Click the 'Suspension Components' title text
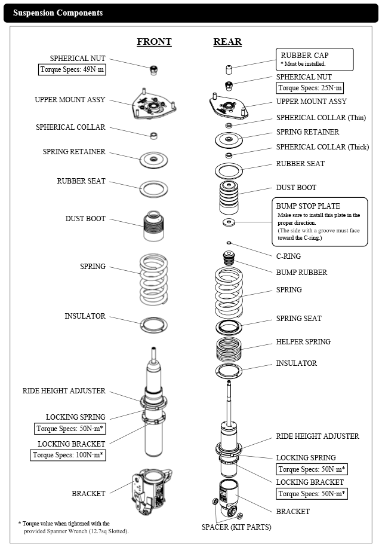[58, 13]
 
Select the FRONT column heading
[154, 42]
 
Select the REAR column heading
[227, 42]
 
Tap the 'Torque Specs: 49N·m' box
[72, 69]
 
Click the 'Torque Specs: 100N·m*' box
[68, 456]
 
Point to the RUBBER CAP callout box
[314, 59]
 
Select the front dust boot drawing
[154, 227]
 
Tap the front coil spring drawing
[154, 275]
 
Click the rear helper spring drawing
[229, 349]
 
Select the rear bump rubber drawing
[229, 259]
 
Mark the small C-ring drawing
[229, 243]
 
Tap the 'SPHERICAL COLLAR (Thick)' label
[322, 147]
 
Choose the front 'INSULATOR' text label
[85, 316]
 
